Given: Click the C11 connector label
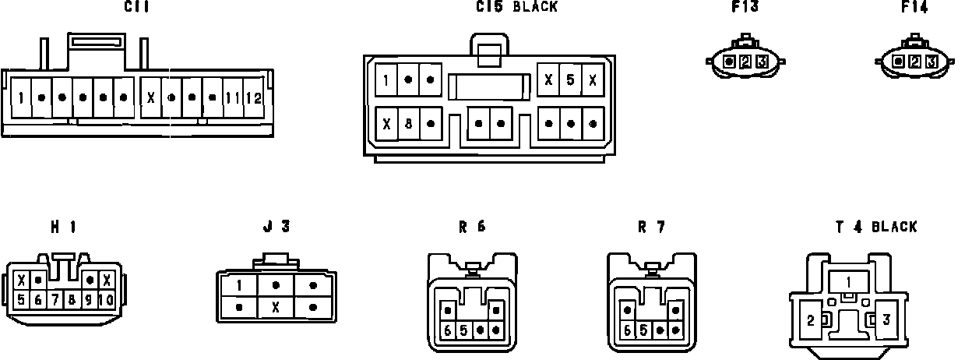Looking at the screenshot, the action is point(136,7).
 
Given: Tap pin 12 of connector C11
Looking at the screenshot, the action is point(254,99).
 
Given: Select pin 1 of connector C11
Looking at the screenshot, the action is point(21,99).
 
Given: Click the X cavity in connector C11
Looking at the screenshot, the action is point(151,99).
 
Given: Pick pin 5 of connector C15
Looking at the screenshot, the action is point(571,79).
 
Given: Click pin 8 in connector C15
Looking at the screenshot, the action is point(408,123).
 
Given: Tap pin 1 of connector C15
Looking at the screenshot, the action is point(386,79).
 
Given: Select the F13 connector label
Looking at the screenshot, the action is point(745,7).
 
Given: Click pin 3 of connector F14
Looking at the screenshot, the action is point(931,61).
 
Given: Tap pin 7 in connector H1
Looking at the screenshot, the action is point(55,299).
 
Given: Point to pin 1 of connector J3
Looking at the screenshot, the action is point(239,286).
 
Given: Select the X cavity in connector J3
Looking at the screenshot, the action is point(275,307).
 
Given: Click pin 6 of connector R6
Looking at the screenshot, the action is point(448,330).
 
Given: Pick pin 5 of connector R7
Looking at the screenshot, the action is point(643,330).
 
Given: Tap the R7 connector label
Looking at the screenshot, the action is point(651,228).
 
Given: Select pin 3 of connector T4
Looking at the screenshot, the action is point(886,319).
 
